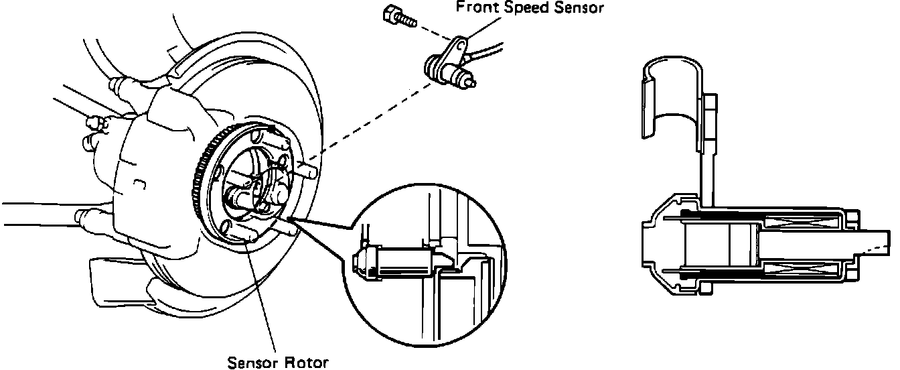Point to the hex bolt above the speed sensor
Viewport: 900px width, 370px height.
[391, 15]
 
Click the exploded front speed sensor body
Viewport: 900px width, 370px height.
[442, 68]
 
